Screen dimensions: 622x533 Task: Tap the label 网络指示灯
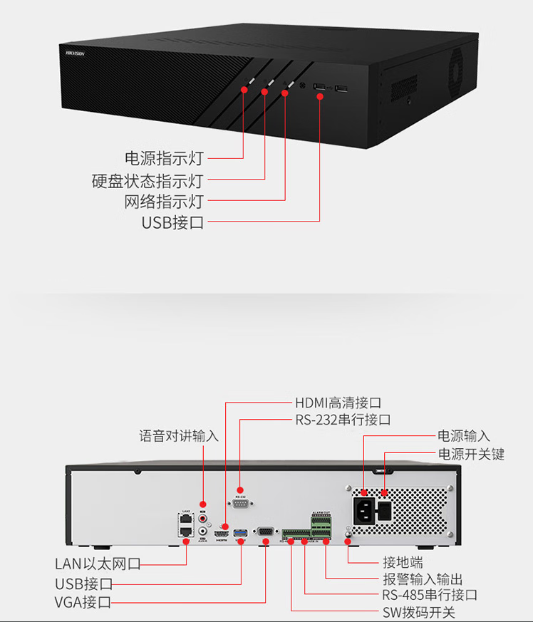[163, 201]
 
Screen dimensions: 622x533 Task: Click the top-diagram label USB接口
[172, 222]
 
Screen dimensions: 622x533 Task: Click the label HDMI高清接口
[338, 403]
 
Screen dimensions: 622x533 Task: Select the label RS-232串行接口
[343, 420]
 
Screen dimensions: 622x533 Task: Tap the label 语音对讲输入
[179, 436]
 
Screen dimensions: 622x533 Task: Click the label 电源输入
[464, 436]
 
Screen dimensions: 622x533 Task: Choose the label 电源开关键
[471, 454]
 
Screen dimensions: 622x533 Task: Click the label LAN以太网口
[98, 564]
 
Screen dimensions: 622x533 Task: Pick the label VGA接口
[83, 603]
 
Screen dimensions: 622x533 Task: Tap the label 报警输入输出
[423, 579]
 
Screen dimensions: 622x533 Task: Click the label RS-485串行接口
[430, 595]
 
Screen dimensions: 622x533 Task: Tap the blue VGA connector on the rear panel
[264, 532]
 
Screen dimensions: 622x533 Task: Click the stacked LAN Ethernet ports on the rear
[186, 524]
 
